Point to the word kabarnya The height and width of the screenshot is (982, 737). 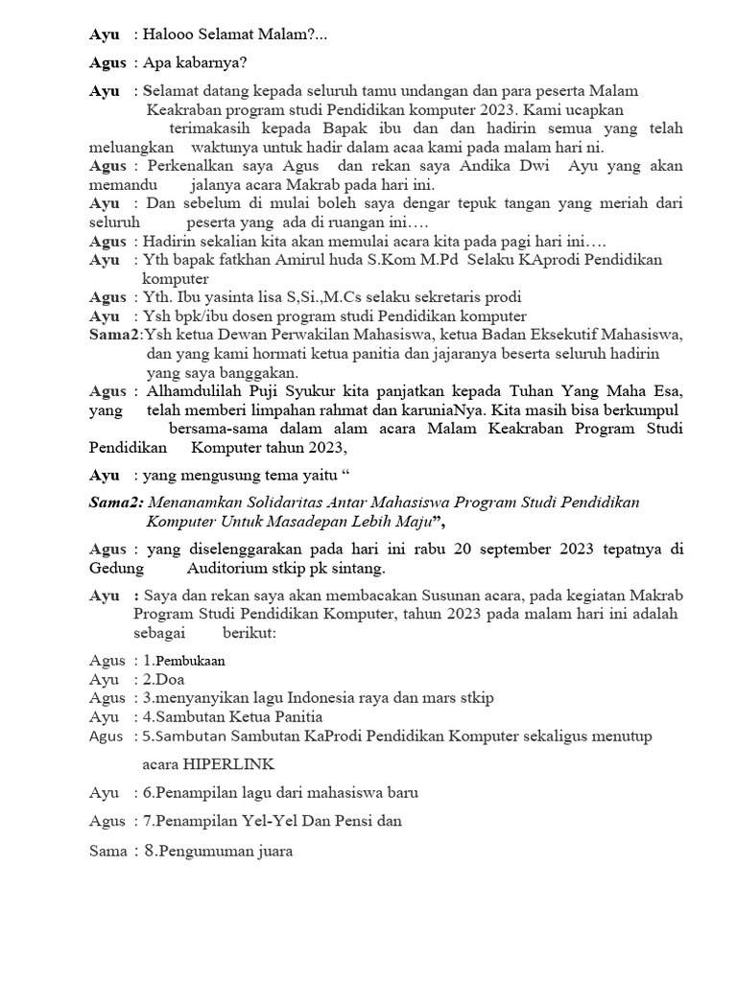208,63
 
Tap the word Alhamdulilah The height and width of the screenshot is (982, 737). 197,391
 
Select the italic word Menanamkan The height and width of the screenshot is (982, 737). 196,503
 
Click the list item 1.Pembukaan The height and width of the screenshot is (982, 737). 183,661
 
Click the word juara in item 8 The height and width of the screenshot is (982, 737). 271,850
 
